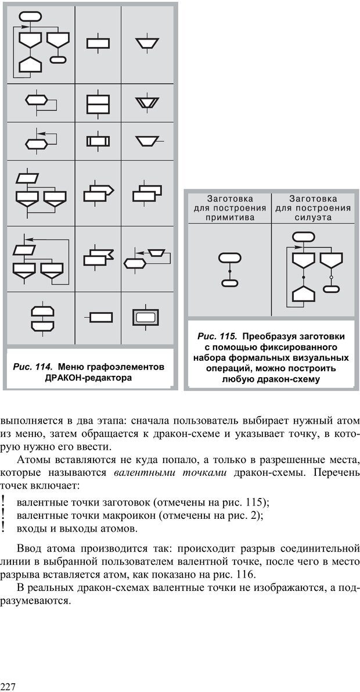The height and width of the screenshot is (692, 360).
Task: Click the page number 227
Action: click(x=8, y=687)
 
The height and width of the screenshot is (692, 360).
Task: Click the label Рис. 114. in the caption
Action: click(x=33, y=367)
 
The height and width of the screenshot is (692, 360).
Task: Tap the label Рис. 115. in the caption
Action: click(x=217, y=336)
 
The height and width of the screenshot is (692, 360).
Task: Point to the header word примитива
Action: click(x=229, y=218)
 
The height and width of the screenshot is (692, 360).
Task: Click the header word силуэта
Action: click(x=313, y=218)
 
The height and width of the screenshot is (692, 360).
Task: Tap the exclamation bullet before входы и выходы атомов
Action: click(x=4, y=528)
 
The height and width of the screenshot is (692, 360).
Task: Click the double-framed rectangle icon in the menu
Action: click(x=145, y=317)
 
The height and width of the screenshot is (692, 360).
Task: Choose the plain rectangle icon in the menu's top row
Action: click(x=98, y=43)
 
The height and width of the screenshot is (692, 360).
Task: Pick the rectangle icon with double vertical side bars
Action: click(x=98, y=141)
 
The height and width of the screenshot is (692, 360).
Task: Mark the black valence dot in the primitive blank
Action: click(x=229, y=271)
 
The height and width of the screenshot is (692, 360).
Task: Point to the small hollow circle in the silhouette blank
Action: click(x=332, y=277)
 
